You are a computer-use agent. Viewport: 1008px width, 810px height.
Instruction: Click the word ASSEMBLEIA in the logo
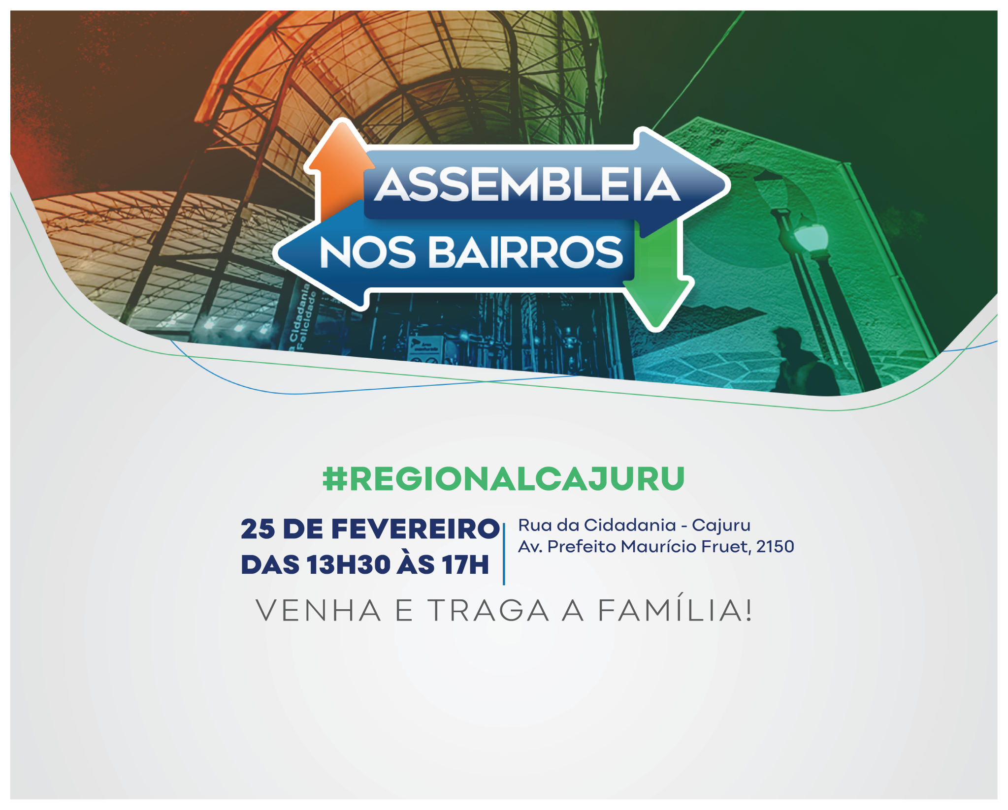point(527,185)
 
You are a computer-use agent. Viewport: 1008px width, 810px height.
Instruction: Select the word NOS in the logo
point(367,252)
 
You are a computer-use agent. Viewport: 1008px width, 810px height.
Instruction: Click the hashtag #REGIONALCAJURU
point(503,479)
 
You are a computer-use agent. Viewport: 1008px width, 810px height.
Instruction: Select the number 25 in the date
point(258,530)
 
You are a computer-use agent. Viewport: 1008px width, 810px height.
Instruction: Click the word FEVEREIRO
point(415,530)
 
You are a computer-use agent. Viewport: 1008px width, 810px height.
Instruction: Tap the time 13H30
point(348,564)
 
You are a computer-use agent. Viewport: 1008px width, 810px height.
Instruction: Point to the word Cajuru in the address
point(721,526)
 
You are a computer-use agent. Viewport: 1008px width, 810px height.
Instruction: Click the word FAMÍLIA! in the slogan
point(675,610)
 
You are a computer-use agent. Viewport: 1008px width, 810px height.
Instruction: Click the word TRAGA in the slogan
point(488,611)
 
